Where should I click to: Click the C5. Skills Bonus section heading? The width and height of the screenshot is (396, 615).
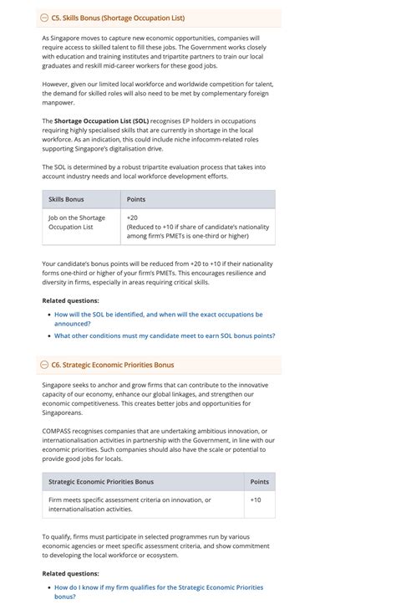118,18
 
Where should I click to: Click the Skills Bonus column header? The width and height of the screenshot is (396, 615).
66,199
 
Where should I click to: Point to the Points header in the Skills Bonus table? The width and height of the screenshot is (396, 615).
136,199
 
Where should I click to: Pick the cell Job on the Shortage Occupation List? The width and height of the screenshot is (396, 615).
77,222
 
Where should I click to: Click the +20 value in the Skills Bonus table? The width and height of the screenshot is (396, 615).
132,218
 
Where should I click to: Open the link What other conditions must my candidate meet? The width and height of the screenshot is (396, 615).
165,336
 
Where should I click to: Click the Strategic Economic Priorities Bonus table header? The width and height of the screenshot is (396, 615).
101,481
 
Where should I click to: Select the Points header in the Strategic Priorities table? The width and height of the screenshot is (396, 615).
260,481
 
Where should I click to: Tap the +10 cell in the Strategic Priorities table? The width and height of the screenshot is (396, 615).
256,500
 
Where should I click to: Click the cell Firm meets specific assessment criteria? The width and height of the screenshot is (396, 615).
129,504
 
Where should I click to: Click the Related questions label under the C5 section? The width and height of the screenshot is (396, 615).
70,300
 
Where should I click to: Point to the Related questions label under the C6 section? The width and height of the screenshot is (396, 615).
70,573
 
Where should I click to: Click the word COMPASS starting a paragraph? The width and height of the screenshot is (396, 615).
59,431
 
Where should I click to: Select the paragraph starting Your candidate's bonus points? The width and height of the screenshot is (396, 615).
155,273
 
